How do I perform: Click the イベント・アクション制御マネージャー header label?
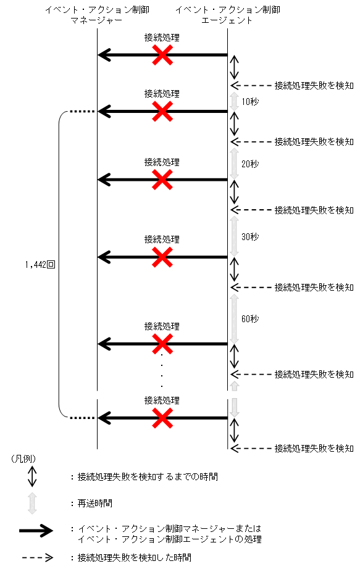(x=97, y=15)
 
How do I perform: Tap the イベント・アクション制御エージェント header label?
(x=228, y=15)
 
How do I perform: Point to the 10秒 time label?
(x=250, y=101)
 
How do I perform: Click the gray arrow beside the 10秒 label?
(x=234, y=102)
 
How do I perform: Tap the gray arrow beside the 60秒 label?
(x=234, y=318)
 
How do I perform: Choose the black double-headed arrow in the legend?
(x=32, y=476)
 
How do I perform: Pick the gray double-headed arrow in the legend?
(x=32, y=503)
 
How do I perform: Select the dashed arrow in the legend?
(x=40, y=557)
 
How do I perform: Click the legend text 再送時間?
(x=94, y=504)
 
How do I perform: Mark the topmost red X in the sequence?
(x=162, y=56)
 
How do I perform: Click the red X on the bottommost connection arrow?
(x=162, y=418)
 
